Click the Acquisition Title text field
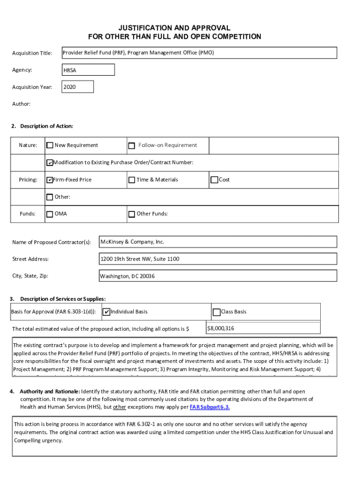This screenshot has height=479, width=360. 199,53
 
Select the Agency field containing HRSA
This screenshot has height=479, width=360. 88,70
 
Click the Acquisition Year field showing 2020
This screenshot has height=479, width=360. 78,87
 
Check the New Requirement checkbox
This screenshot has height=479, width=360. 50,145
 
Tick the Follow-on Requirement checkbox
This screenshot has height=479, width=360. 132,145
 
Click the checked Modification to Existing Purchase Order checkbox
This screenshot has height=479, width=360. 50,163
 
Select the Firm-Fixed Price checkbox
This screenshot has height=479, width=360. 50,180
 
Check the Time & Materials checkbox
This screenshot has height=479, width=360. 132,180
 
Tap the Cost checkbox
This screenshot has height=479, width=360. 215,180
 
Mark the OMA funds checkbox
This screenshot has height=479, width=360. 50,214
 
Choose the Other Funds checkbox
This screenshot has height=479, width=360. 132,214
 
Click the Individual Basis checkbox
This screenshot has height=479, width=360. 106,312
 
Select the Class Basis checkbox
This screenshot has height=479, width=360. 216,312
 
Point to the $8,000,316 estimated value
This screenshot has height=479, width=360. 221,328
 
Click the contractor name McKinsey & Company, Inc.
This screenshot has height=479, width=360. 218,242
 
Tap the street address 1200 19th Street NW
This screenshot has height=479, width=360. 218,259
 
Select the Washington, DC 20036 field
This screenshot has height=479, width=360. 218,276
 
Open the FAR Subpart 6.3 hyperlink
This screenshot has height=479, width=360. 209,407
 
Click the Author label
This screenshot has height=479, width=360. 22,104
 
